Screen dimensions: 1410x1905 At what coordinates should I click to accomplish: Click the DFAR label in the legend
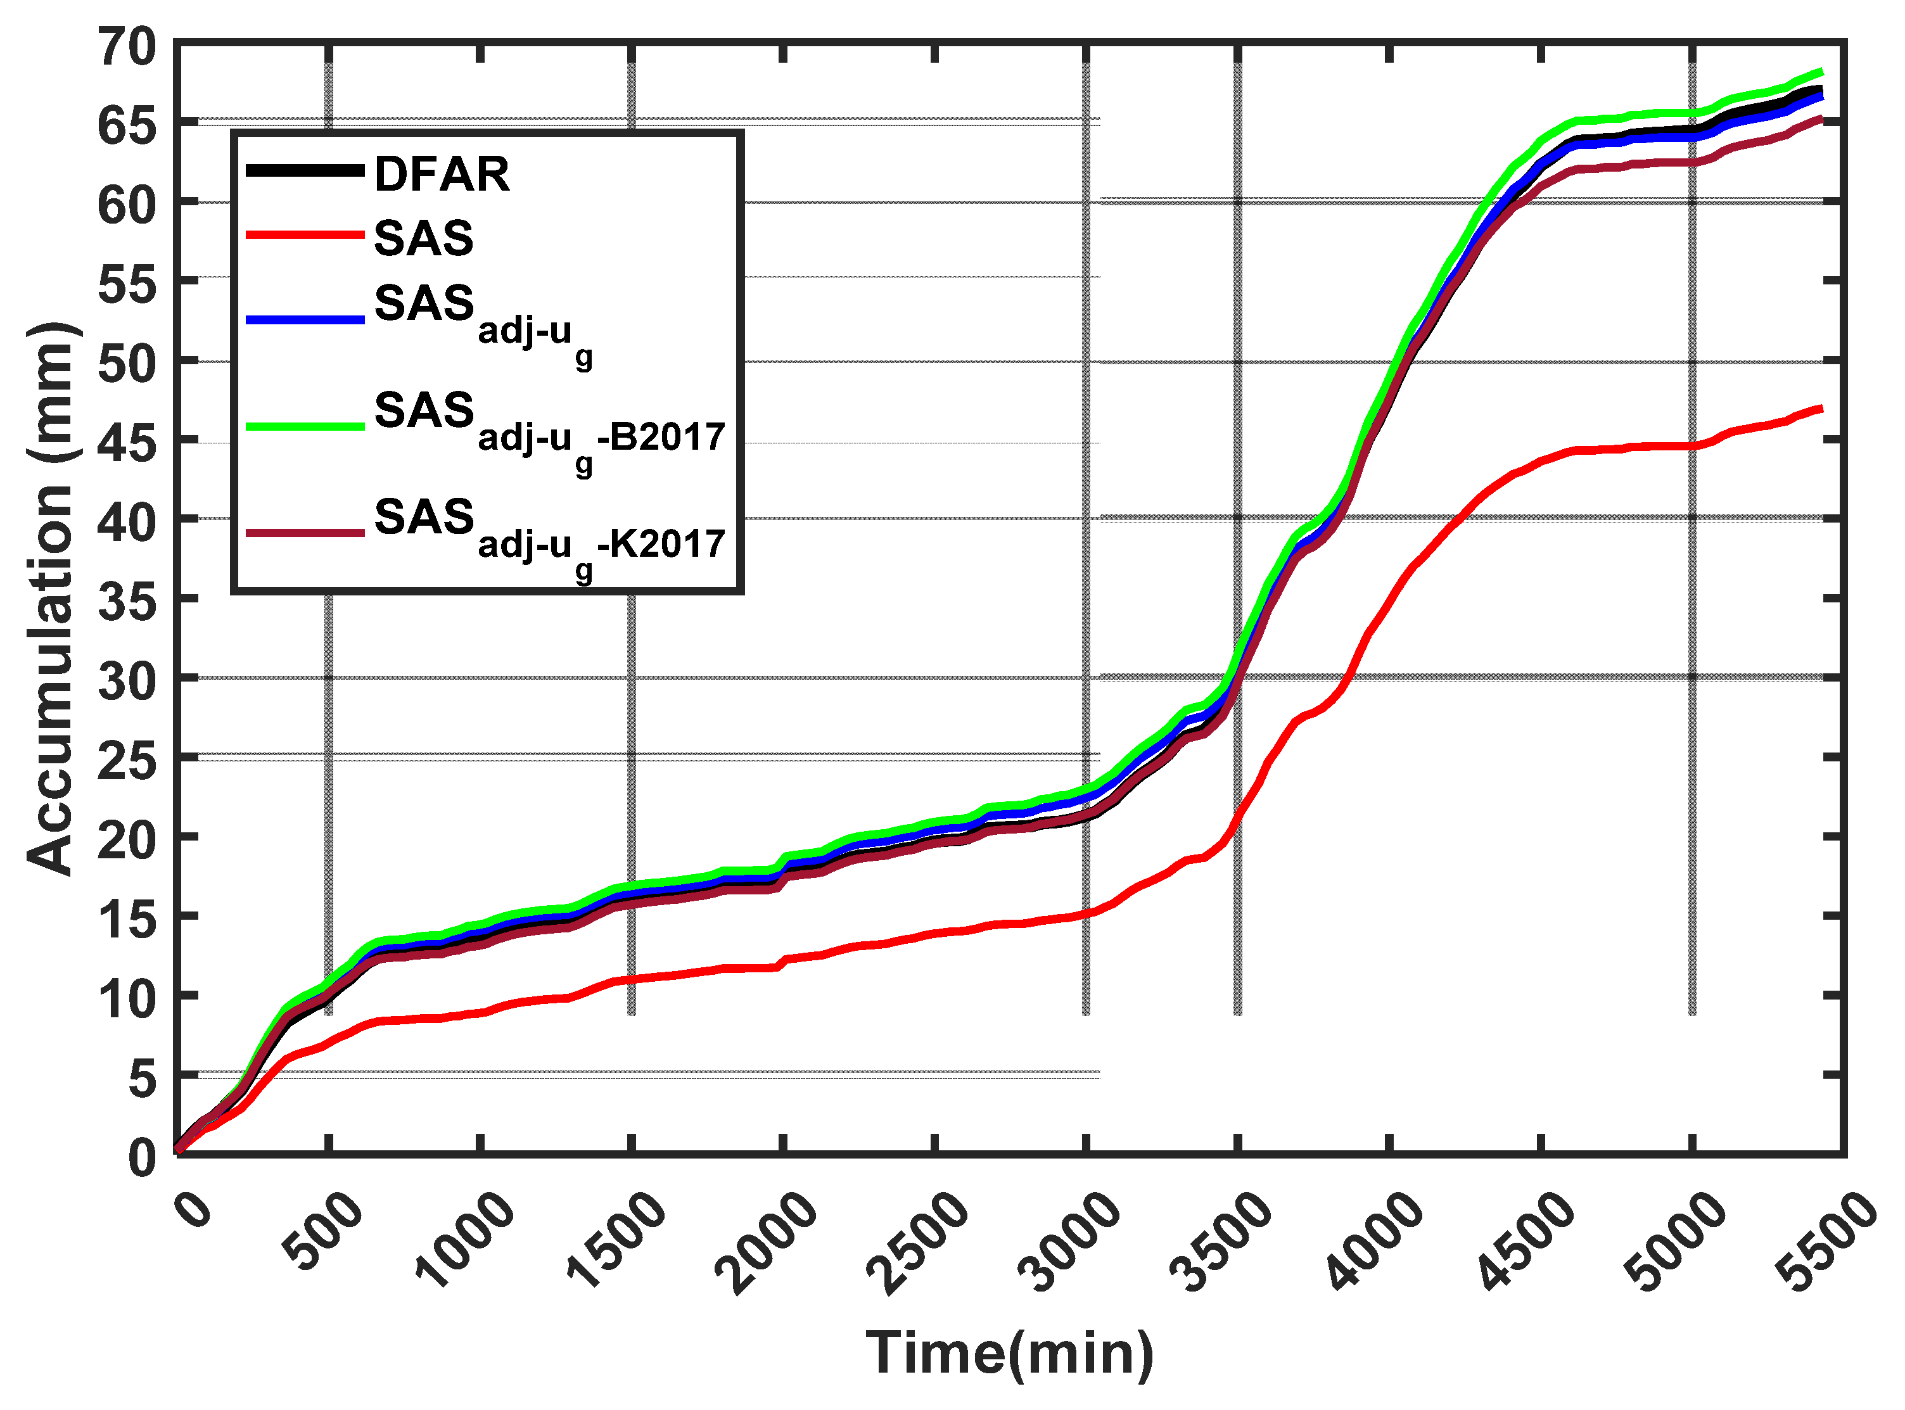pos(442,174)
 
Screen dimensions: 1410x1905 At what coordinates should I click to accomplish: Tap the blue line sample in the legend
pos(305,319)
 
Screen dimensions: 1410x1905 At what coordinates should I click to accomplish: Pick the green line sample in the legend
pos(305,425)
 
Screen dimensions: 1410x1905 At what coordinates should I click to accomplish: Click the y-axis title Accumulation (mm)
pos(51,597)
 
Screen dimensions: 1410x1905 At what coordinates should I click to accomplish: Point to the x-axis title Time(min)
pos(1010,1354)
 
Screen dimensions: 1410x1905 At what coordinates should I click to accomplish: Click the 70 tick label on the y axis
pos(128,47)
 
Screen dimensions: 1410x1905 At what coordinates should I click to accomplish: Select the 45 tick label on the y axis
pos(128,440)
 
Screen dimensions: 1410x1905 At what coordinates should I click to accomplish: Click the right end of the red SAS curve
pos(1821,408)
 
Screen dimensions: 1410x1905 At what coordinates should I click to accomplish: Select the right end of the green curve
pos(1821,72)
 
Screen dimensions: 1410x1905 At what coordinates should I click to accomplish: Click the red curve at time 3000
pos(1086,913)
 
